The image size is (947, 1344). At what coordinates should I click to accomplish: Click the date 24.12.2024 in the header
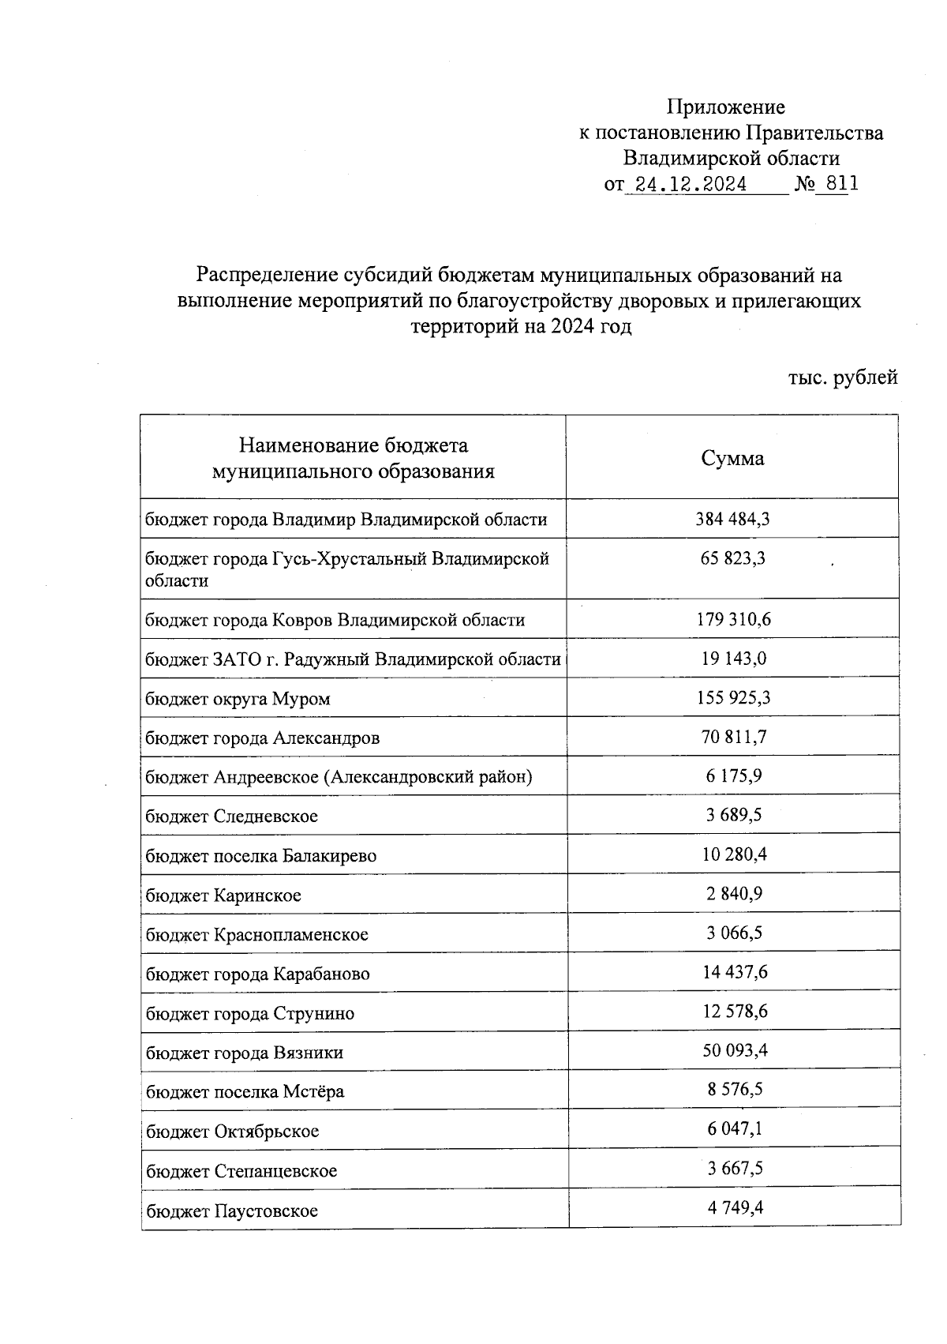(x=691, y=185)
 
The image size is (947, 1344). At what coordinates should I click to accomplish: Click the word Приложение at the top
(x=725, y=107)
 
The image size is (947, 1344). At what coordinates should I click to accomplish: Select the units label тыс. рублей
(x=842, y=377)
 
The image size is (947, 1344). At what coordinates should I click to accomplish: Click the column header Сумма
(x=732, y=459)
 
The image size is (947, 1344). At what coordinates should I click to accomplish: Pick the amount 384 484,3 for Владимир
(x=732, y=519)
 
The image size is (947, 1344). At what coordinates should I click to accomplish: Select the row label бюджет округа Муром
(x=238, y=699)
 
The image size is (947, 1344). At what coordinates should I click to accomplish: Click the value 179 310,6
(x=733, y=619)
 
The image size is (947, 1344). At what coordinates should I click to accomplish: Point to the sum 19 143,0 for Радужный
(x=733, y=659)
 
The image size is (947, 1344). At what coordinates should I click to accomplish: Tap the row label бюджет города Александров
(x=262, y=738)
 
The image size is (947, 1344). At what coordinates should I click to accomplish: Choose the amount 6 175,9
(x=733, y=776)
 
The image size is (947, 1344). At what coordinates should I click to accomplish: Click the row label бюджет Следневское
(x=231, y=817)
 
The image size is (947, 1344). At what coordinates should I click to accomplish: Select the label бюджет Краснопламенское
(x=256, y=935)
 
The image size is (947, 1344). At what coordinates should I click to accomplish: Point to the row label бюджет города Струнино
(x=250, y=1014)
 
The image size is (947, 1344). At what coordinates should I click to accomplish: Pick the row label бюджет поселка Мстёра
(x=245, y=1092)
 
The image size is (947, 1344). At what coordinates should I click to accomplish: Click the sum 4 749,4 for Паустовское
(x=735, y=1207)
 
